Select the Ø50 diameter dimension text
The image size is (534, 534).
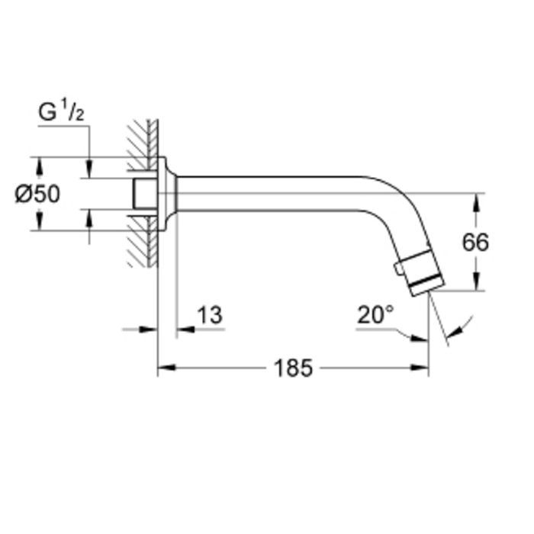point(37,194)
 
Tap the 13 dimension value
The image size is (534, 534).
point(210,315)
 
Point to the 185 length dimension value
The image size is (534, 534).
point(294,368)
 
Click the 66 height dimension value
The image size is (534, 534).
point(475,242)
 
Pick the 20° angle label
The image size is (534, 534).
point(375,315)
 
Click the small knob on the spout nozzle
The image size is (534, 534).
point(398,268)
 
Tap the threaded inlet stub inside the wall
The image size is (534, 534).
point(141,194)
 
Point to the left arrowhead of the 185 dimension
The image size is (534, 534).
point(163,368)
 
